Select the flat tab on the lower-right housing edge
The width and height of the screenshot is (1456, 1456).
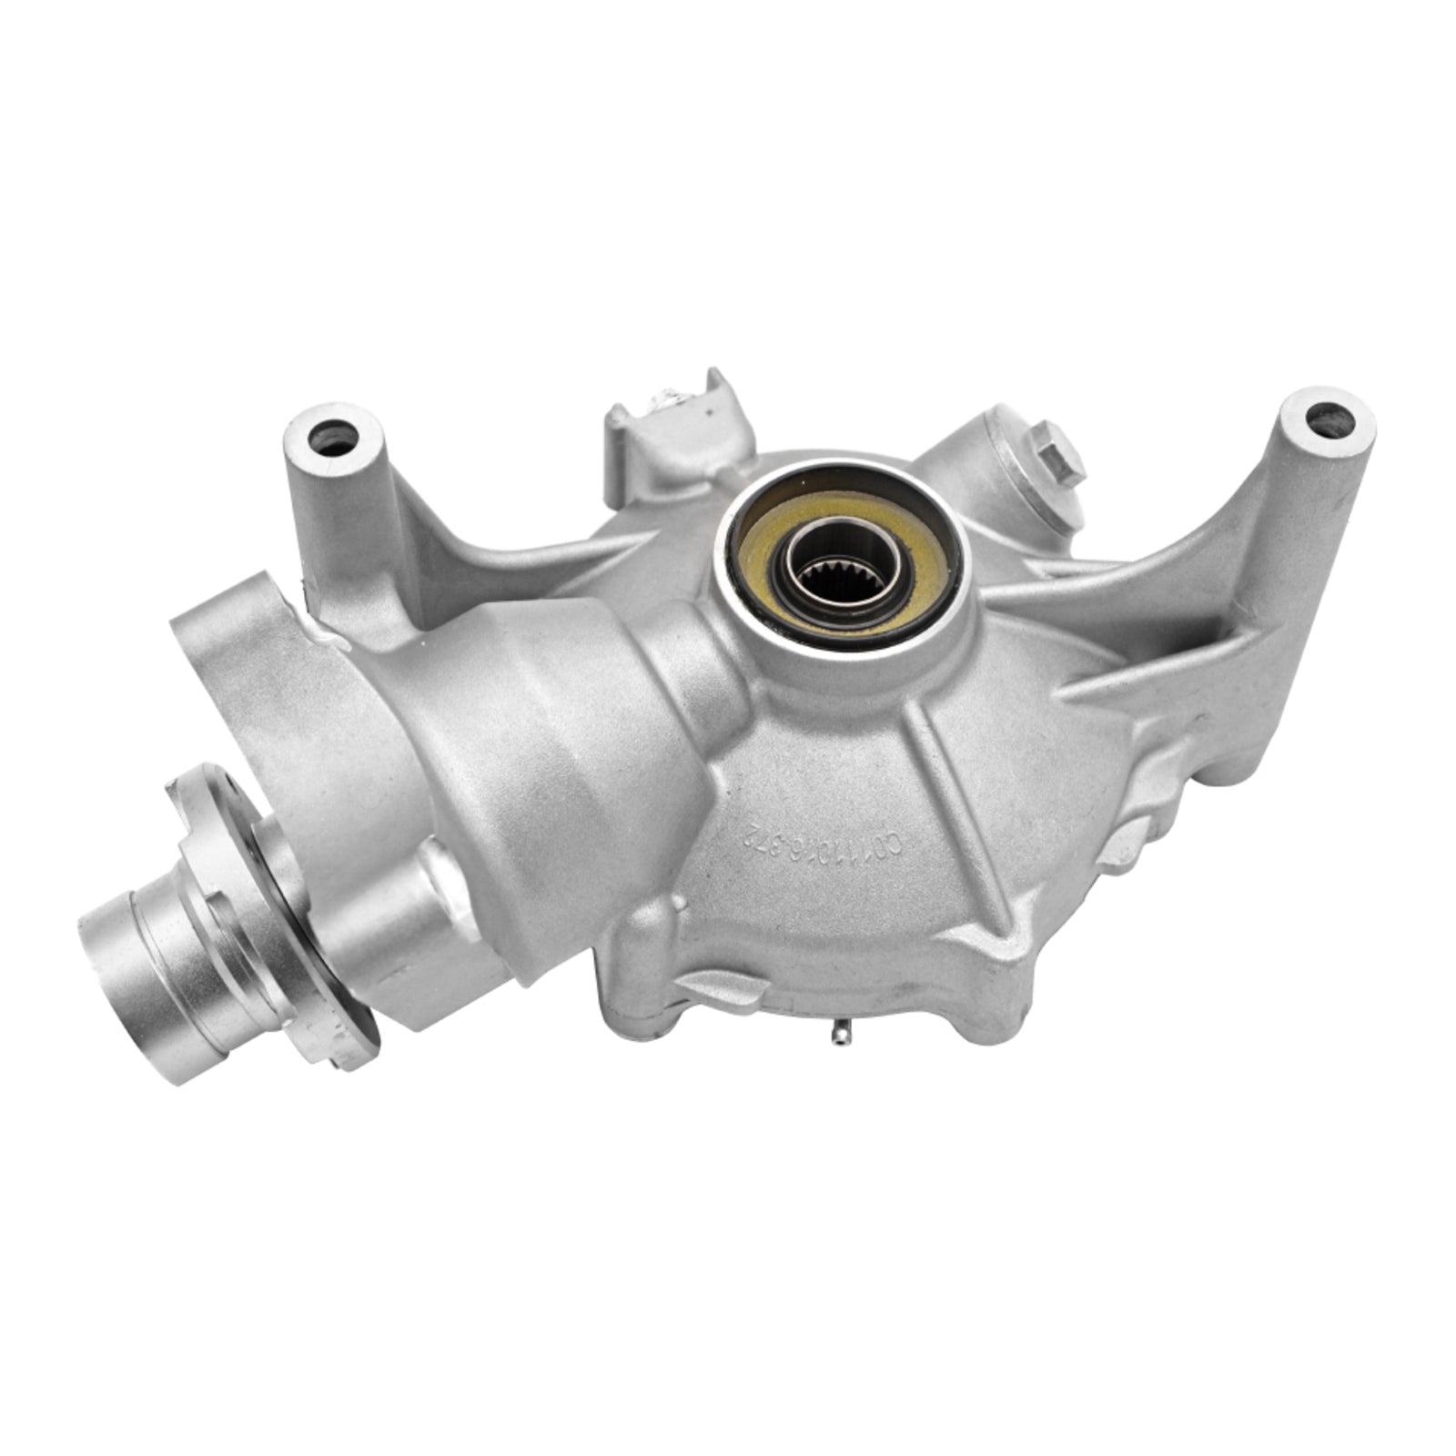tap(1125, 842)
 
